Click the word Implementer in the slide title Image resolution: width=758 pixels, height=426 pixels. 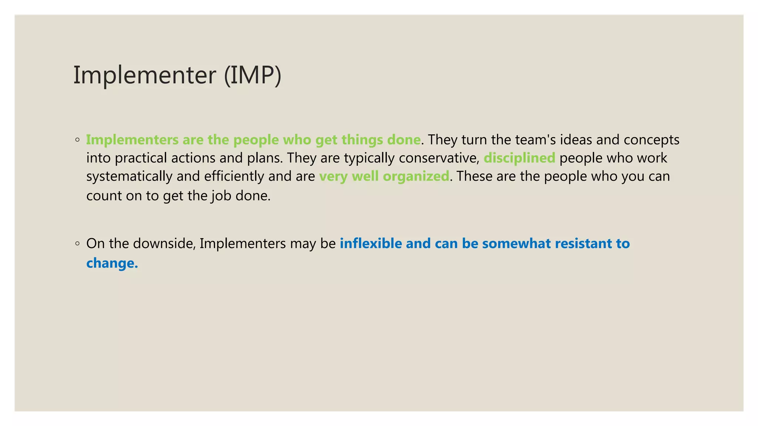pyautogui.click(x=144, y=75)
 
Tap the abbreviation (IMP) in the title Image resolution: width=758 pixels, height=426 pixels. pyautogui.click(x=253, y=75)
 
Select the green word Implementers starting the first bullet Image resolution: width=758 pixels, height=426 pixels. pyautogui.click(x=132, y=140)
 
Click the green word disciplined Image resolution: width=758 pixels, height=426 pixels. pyautogui.click(x=519, y=158)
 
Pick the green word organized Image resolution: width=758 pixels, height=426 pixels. pyautogui.click(x=416, y=176)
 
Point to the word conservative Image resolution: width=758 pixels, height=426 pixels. pyautogui.click(x=439, y=158)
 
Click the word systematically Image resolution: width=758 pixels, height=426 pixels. pyautogui.click(x=129, y=176)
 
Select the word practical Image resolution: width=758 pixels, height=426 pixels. pyautogui.click(x=141, y=158)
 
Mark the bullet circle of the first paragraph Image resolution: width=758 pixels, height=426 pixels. pyautogui.click(x=77, y=140)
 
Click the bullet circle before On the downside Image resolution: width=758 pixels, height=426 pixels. pyautogui.click(x=77, y=244)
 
